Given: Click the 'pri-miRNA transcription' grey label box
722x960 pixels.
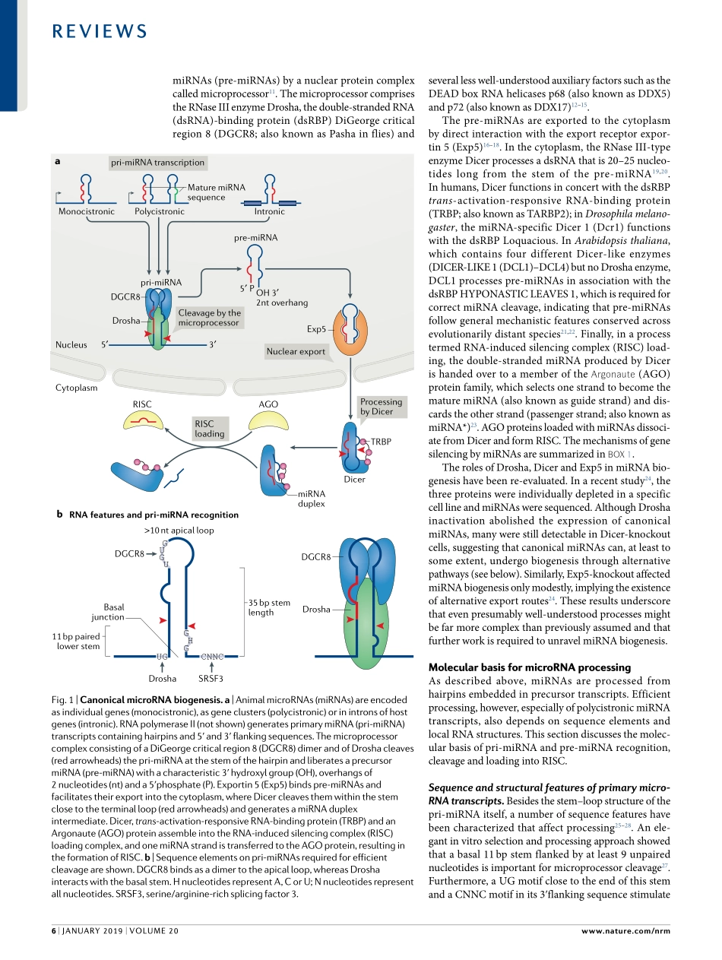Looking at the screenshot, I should pyautogui.click(x=157, y=162).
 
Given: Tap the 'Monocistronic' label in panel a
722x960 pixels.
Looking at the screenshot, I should pyautogui.click(x=87, y=211).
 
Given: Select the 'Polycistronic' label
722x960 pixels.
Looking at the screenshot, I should pyautogui.click(x=160, y=211).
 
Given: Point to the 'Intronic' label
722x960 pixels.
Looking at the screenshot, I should pyautogui.click(x=270, y=211).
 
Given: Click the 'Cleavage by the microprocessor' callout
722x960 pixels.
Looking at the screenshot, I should pyautogui.click(x=209, y=318).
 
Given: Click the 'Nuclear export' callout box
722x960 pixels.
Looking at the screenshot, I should pyautogui.click(x=296, y=351).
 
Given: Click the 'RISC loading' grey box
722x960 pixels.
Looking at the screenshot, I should pyautogui.click(x=209, y=429).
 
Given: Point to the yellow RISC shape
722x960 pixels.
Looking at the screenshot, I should pyautogui.click(x=142, y=419).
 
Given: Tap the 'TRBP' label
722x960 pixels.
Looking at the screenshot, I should pyautogui.click(x=380, y=441).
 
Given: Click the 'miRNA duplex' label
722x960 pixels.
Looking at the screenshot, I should pyautogui.click(x=311, y=499).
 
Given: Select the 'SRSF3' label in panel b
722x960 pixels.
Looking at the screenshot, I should pyautogui.click(x=210, y=679).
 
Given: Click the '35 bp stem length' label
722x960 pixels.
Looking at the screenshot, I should pyautogui.click(x=269, y=607).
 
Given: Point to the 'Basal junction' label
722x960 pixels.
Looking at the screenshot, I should pyautogui.click(x=108, y=612).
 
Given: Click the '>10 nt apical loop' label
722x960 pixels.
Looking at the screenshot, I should pyautogui.click(x=179, y=531).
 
